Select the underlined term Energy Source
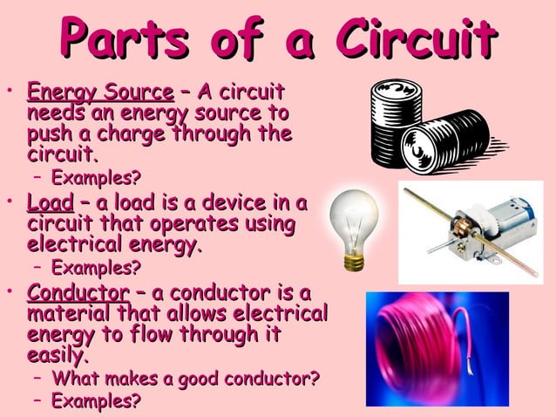pos(100,92)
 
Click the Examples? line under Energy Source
pos(96,179)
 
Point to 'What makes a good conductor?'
pos(186,379)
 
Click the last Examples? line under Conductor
pos(96,401)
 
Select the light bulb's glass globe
pos(354,215)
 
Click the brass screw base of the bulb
pos(354,259)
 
